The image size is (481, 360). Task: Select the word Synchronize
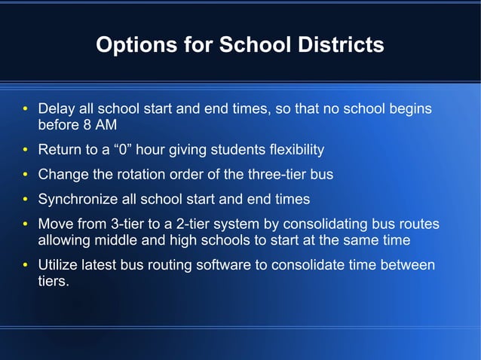tap(75, 200)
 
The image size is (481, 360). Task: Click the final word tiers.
tap(53, 282)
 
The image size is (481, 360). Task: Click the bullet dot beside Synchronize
tap(24, 200)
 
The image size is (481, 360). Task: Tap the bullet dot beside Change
tap(24, 175)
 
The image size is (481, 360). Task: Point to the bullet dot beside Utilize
tap(24, 267)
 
